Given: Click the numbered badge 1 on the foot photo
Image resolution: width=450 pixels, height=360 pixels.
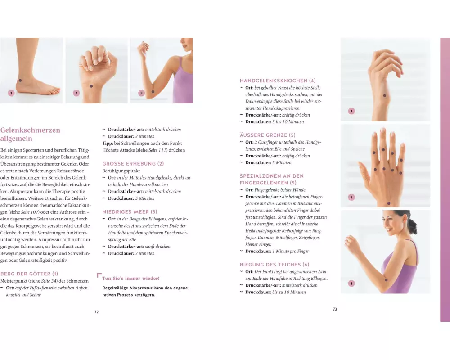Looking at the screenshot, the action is pos(11,93).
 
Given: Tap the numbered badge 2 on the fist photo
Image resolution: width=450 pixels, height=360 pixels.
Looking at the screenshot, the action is pos(76,93).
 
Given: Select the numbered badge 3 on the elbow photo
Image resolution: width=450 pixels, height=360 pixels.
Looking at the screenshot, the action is pos(141,93).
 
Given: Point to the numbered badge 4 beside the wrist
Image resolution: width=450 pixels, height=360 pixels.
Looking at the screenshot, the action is pos(351,111).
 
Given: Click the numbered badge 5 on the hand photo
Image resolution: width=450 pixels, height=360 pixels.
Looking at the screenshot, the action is pos(351,197).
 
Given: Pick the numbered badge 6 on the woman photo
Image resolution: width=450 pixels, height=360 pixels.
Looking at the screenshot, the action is pos(351,283).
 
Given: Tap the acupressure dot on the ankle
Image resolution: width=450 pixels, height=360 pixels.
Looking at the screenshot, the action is pos(20,81).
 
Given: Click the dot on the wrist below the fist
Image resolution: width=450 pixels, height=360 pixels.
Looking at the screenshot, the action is pos(91,86).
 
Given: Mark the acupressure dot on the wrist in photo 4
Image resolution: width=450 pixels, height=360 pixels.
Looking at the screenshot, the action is pos(385,95).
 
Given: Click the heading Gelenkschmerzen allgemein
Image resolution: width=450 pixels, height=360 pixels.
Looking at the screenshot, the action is pos(31,134).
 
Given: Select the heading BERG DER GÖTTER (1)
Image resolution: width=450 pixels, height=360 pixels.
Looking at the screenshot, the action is pos(29,274).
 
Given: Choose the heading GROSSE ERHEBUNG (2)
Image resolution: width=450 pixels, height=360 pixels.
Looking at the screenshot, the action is pos(133,164).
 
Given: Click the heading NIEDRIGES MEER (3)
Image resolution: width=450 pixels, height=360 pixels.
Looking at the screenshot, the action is pos(130,212).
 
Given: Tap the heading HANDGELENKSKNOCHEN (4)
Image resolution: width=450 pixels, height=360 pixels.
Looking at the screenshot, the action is pos(278,81).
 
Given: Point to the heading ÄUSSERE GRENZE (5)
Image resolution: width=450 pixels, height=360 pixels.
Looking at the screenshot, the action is pos(267,135).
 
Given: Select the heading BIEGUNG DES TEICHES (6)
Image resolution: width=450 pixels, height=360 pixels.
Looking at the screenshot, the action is pos(274,265).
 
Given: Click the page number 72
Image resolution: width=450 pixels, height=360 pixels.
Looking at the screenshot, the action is pos(96,312).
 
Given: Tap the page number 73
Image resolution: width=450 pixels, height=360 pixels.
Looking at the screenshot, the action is pos(335,309).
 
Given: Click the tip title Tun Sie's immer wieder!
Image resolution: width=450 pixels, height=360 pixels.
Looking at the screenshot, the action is pos(131,278).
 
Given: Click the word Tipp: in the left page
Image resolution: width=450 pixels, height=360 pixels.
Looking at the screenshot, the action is pos(108,143).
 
